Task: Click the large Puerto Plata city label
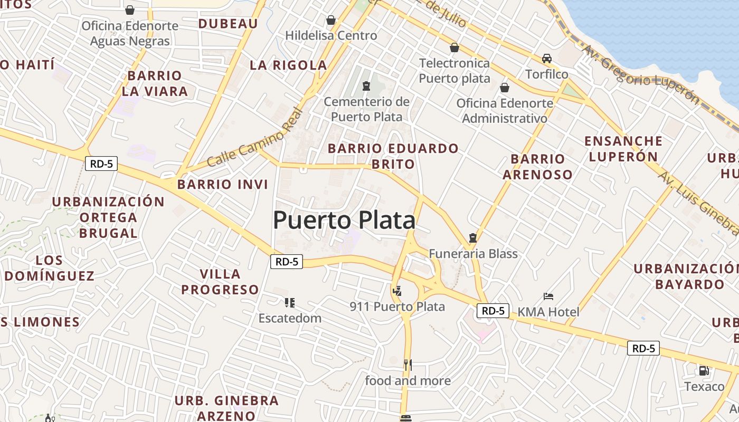coord(344,220)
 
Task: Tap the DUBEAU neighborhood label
coord(228,23)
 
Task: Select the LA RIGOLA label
coord(288,65)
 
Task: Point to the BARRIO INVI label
coord(223,184)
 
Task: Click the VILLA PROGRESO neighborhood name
coord(220,282)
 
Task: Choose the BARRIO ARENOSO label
coord(537,167)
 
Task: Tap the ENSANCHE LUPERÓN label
coord(623,149)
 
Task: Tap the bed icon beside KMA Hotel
coord(548,296)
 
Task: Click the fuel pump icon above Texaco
coord(704,370)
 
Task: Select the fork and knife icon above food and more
coord(408,365)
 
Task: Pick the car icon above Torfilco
coord(547,59)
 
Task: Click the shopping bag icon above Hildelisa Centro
coord(331,21)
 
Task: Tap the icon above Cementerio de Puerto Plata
coord(366,86)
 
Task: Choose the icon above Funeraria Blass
coord(473,238)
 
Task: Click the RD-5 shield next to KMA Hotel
coord(493,311)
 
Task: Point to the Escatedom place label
coord(290,318)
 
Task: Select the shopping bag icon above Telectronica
coord(454,48)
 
